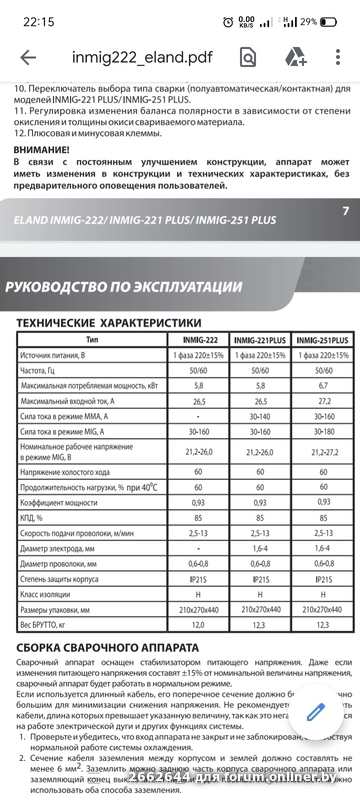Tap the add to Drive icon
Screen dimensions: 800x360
coord(295,58)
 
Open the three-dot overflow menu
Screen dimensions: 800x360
coord(339,58)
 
